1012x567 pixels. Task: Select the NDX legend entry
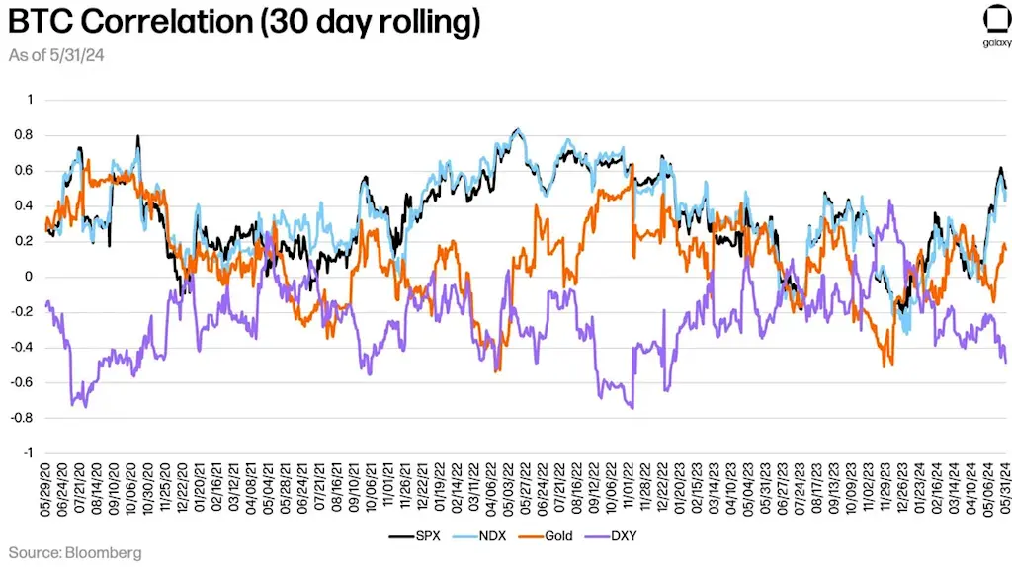[477, 535]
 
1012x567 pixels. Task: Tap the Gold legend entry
[545, 535]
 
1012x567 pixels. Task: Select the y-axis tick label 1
[30, 99]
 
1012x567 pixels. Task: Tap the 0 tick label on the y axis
[30, 277]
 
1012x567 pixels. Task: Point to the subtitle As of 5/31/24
[57, 55]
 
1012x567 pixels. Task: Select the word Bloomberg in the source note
[106, 552]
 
